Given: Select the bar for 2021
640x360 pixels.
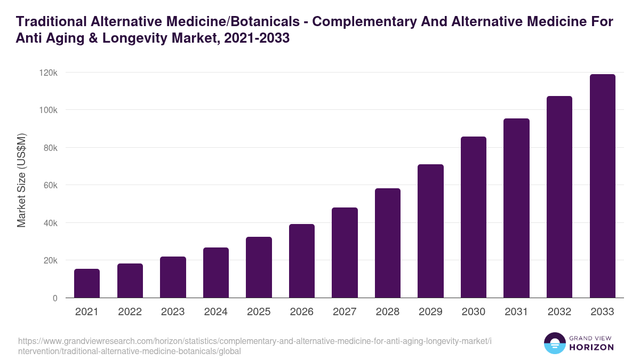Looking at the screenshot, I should [x=87, y=283].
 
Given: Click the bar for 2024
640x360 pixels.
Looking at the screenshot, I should [x=215, y=273].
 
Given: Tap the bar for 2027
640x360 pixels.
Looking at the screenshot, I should [x=345, y=253].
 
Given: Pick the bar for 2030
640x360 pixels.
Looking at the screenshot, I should [x=474, y=217].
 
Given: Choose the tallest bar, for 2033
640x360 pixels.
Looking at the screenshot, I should [x=602, y=186].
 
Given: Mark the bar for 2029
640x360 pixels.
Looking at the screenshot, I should [x=430, y=231].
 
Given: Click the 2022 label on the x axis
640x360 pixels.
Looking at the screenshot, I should [x=130, y=312].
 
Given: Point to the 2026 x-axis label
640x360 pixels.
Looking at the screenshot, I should [x=302, y=312].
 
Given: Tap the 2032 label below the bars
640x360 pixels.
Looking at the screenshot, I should [x=559, y=312].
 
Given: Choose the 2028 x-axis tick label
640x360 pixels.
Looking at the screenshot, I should [x=388, y=312].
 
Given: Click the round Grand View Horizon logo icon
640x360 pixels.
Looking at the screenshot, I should [x=554, y=343].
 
